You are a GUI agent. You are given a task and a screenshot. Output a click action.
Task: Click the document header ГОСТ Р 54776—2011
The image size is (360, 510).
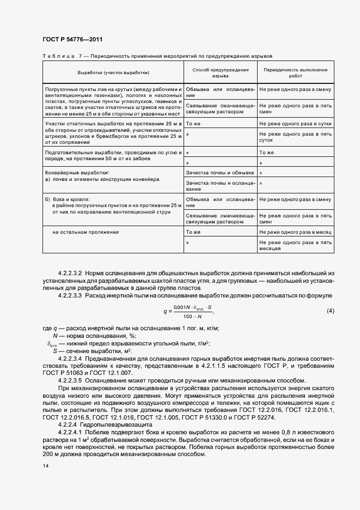(x=72, y=40)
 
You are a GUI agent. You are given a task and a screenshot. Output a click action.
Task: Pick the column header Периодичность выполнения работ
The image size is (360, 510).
(x=295, y=74)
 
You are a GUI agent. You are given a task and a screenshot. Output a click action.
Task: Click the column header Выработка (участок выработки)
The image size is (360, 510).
(x=113, y=72)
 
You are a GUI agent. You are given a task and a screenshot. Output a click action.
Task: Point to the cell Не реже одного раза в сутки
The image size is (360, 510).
(x=295, y=124)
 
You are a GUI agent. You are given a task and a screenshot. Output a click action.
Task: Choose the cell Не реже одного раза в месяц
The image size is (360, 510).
(x=295, y=232)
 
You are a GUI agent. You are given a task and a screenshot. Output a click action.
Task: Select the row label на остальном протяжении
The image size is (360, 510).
(x=86, y=232)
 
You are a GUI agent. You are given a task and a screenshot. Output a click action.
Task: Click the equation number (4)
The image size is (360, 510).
(x=330, y=311)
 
